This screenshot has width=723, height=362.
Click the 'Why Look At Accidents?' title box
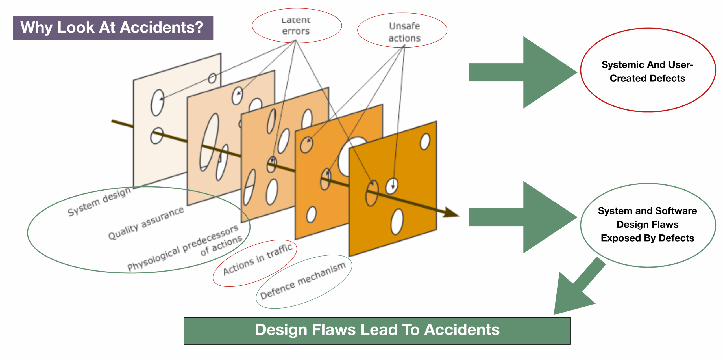113,28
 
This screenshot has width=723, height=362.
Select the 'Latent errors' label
296,26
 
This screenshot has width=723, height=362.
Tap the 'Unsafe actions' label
404,32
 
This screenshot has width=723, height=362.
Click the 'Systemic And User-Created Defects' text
647,71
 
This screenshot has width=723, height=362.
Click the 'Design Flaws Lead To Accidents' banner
377,330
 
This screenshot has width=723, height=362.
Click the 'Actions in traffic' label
257,259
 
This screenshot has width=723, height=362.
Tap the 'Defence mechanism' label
303,280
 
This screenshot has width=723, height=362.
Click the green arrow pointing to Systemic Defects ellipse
522,72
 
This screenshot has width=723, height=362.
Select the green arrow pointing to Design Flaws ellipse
522,217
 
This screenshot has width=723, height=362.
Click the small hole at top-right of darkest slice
425,141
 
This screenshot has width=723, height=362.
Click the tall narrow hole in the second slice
209,141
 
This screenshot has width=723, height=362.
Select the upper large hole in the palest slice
157,102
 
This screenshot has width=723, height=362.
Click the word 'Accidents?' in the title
162,28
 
